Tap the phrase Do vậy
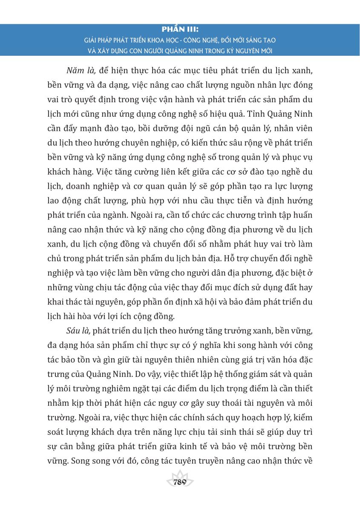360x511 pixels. pos(163,374)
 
